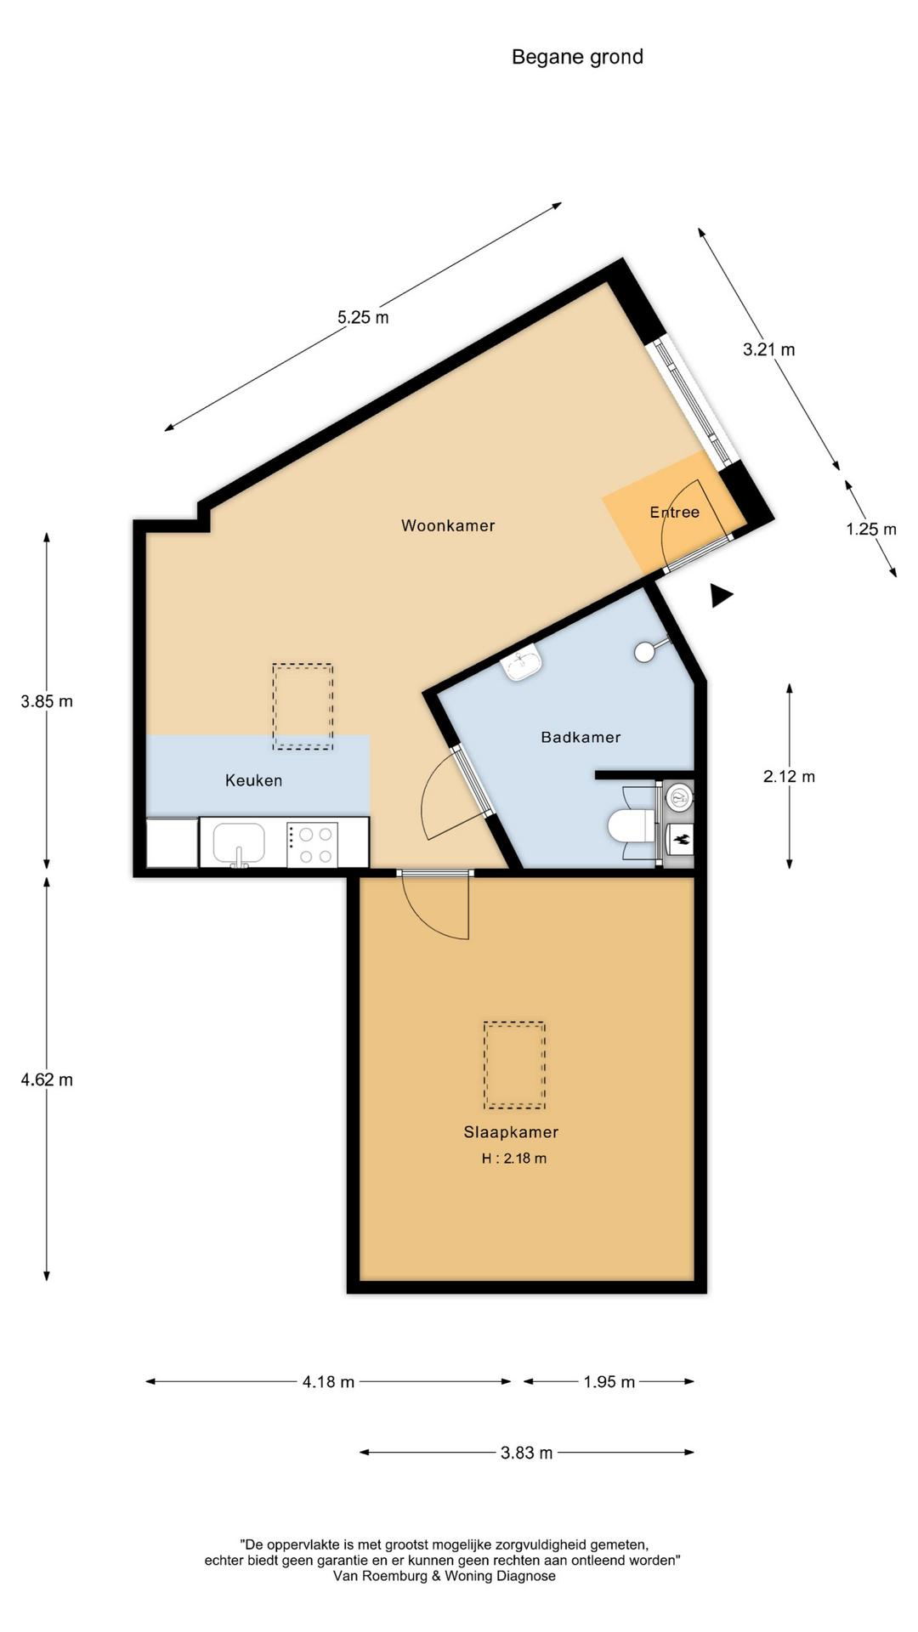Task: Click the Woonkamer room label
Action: click(x=448, y=525)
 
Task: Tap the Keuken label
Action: click(x=253, y=780)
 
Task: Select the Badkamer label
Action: click(x=581, y=737)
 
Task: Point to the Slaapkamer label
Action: click(x=511, y=1132)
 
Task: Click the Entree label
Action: click(x=674, y=512)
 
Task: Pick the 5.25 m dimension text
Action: click(x=363, y=318)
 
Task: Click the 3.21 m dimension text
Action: click(x=769, y=349)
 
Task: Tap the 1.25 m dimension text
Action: click(x=871, y=529)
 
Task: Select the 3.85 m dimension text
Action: click(x=47, y=701)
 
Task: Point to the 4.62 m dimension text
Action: click(x=47, y=1079)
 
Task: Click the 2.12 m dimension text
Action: click(x=789, y=776)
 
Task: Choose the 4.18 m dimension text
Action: click(x=328, y=1382)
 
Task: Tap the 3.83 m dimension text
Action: click(x=526, y=1453)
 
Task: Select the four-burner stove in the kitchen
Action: click(x=312, y=844)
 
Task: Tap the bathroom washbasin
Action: click(x=522, y=662)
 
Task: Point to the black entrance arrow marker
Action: click(x=722, y=596)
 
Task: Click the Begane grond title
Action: click(x=577, y=57)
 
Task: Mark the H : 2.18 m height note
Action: click(x=514, y=1159)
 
